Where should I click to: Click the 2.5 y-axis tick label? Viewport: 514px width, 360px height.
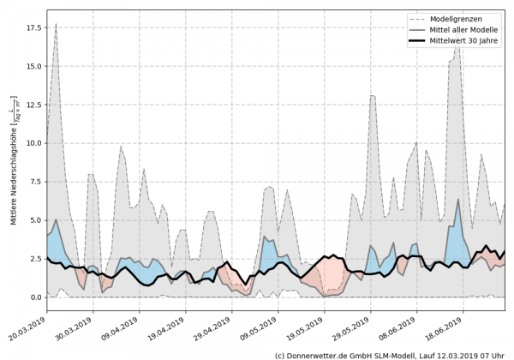33,259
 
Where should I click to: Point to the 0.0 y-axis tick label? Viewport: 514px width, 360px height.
33,297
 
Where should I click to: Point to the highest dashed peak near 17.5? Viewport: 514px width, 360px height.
56,24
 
